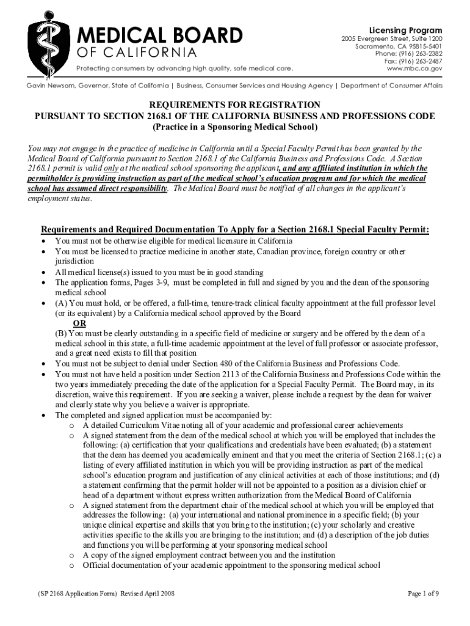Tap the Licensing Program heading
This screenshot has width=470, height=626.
coord(406,31)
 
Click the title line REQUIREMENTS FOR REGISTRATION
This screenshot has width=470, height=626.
coord(235,105)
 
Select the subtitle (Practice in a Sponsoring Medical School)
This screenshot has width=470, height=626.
coord(235,127)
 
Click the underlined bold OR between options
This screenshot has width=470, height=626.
coord(79,323)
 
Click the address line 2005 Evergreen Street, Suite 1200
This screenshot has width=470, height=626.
coord(391,39)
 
